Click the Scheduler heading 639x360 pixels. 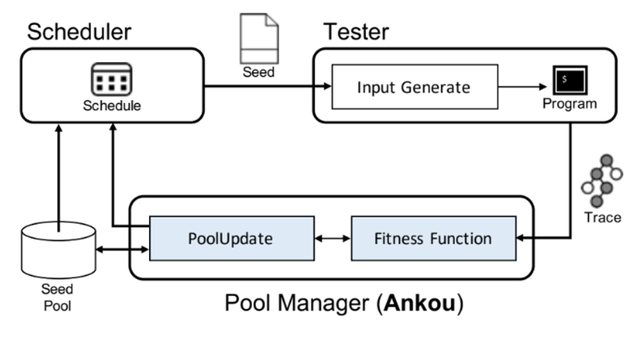tap(79, 31)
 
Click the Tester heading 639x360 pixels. tap(355, 31)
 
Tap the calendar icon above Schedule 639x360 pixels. tap(111, 80)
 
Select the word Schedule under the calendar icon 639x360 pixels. tap(111, 106)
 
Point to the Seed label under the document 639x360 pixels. tap(258, 72)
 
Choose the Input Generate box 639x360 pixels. tap(414, 87)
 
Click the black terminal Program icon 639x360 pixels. tap(570, 81)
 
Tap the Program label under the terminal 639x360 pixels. tap(570, 104)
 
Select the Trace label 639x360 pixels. tap(602, 217)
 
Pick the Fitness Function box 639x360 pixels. tap(433, 239)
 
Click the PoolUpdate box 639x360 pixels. tap(230, 239)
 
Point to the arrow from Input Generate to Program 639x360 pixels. tap(522, 87)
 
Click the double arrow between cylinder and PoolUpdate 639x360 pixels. tap(123, 249)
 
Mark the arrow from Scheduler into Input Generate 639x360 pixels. tap(265, 87)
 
